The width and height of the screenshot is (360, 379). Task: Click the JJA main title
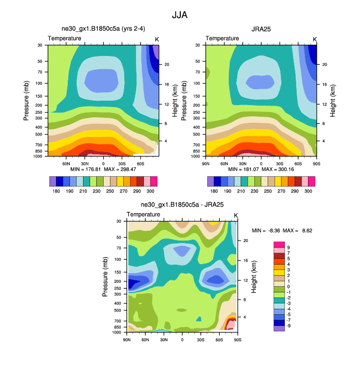click(179, 15)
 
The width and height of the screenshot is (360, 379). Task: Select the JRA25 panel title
click(261, 29)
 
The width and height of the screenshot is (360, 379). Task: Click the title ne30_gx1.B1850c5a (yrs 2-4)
click(103, 29)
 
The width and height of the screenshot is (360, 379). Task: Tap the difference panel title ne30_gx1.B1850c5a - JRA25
click(182, 205)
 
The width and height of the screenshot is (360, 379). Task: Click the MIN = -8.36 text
click(268, 230)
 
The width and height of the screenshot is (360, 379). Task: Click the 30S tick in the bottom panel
click(200, 340)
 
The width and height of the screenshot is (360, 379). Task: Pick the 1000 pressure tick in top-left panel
click(37, 156)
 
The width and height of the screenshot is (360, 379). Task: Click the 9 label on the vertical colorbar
click(288, 247)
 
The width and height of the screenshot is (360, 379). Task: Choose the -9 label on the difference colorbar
click(289, 325)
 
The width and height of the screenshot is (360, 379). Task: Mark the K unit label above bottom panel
click(236, 215)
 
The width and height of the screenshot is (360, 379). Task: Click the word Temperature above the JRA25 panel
click(222, 38)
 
